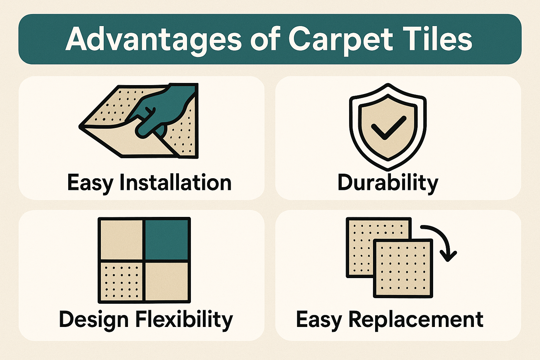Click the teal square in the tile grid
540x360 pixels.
[167, 240]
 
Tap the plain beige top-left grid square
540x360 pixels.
[122, 240]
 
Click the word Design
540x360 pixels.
[94, 320]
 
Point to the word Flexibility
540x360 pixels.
[184, 320]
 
